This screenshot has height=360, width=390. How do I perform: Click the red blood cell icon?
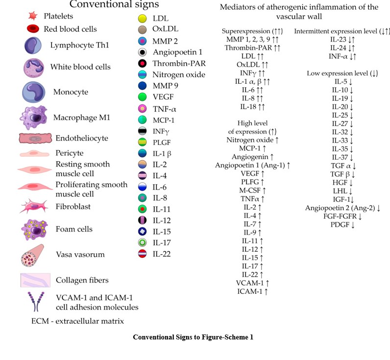coord(33,29)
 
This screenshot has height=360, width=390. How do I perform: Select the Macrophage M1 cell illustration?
coord(34,118)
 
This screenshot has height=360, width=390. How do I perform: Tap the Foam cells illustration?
coord(35,229)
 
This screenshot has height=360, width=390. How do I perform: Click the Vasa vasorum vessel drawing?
coord(35,254)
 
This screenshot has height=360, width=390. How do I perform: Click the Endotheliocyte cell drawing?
coord(35,139)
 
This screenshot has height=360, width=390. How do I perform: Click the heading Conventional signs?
coord(114,5)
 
